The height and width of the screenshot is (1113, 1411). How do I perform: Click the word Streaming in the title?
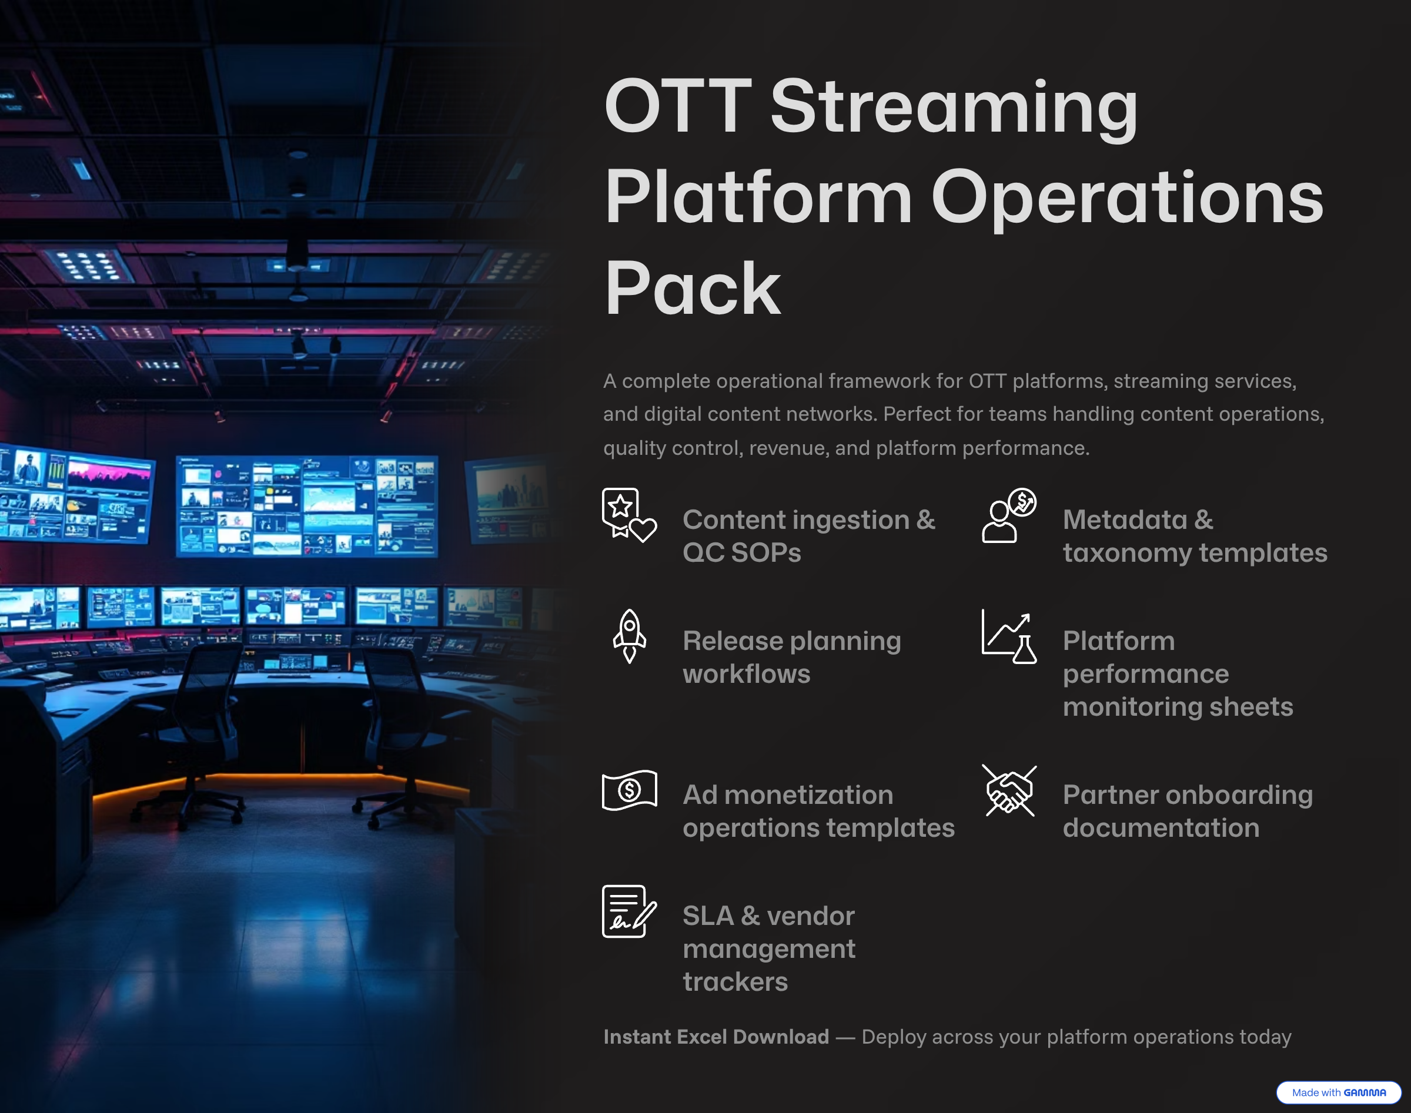point(954,108)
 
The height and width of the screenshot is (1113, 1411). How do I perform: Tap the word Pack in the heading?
point(692,288)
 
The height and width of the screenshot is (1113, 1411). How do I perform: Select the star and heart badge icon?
point(629,515)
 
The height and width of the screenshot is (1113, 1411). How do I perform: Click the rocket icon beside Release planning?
point(630,636)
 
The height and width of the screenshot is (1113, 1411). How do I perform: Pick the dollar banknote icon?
point(629,790)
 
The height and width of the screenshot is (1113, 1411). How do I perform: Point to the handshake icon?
point(1009,790)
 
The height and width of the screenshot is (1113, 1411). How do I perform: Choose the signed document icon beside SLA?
point(629,911)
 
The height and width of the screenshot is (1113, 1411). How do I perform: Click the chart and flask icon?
point(1009,636)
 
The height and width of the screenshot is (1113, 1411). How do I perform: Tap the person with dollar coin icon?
point(1009,515)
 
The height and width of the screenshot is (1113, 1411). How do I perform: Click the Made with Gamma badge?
point(1339,1093)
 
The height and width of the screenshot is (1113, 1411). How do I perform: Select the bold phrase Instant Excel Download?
point(716,1037)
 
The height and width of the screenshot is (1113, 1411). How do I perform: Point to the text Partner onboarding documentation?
point(1188,812)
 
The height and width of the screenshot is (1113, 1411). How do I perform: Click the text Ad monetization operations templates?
point(818,812)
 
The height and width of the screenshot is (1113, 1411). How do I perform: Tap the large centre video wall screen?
point(307,507)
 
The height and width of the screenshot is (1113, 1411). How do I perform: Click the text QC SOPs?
point(742,552)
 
